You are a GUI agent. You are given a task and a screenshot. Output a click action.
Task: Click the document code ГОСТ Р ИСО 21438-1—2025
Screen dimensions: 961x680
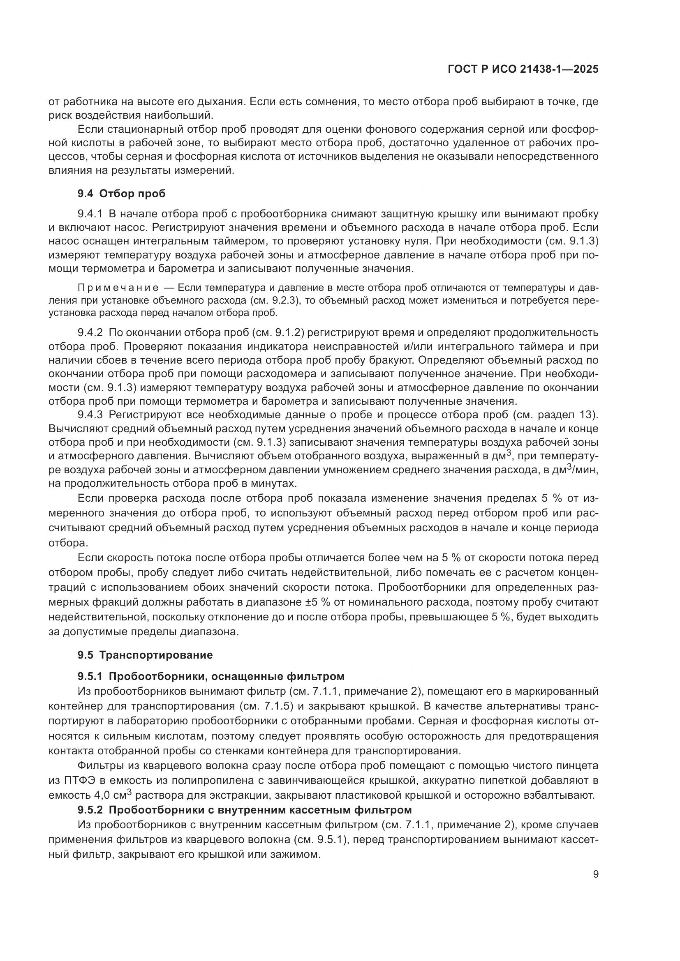(523, 69)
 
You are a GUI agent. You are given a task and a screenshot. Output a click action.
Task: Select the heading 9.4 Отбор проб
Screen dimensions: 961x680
(121, 194)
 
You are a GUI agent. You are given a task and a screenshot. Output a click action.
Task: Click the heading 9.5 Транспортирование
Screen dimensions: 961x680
(145, 655)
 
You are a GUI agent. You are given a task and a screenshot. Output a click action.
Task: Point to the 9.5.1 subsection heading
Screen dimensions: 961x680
(210, 676)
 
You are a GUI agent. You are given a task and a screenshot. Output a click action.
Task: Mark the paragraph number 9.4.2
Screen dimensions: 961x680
(90, 333)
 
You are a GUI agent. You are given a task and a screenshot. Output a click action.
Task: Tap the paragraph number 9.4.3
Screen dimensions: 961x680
(90, 415)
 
